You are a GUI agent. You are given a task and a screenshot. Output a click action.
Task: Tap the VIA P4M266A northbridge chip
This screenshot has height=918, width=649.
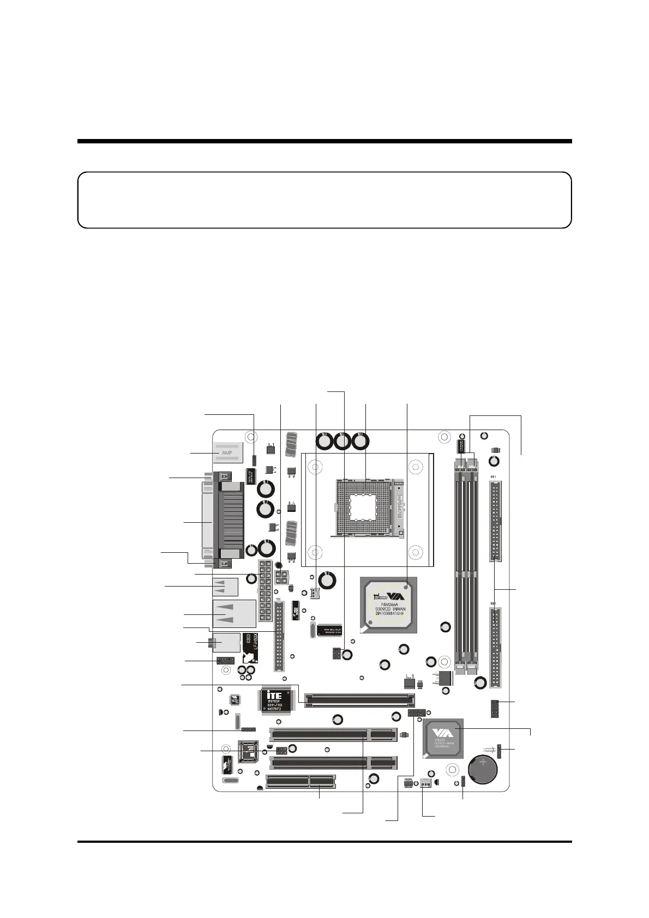tap(388, 605)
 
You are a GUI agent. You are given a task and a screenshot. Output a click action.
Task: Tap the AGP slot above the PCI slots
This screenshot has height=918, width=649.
tap(360, 700)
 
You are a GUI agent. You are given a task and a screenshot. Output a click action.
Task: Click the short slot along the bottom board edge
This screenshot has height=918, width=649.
tap(300, 782)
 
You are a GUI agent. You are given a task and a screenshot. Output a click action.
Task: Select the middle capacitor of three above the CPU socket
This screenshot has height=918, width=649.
tap(342, 441)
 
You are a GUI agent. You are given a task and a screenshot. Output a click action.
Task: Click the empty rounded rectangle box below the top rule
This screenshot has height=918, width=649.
tap(324, 200)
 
